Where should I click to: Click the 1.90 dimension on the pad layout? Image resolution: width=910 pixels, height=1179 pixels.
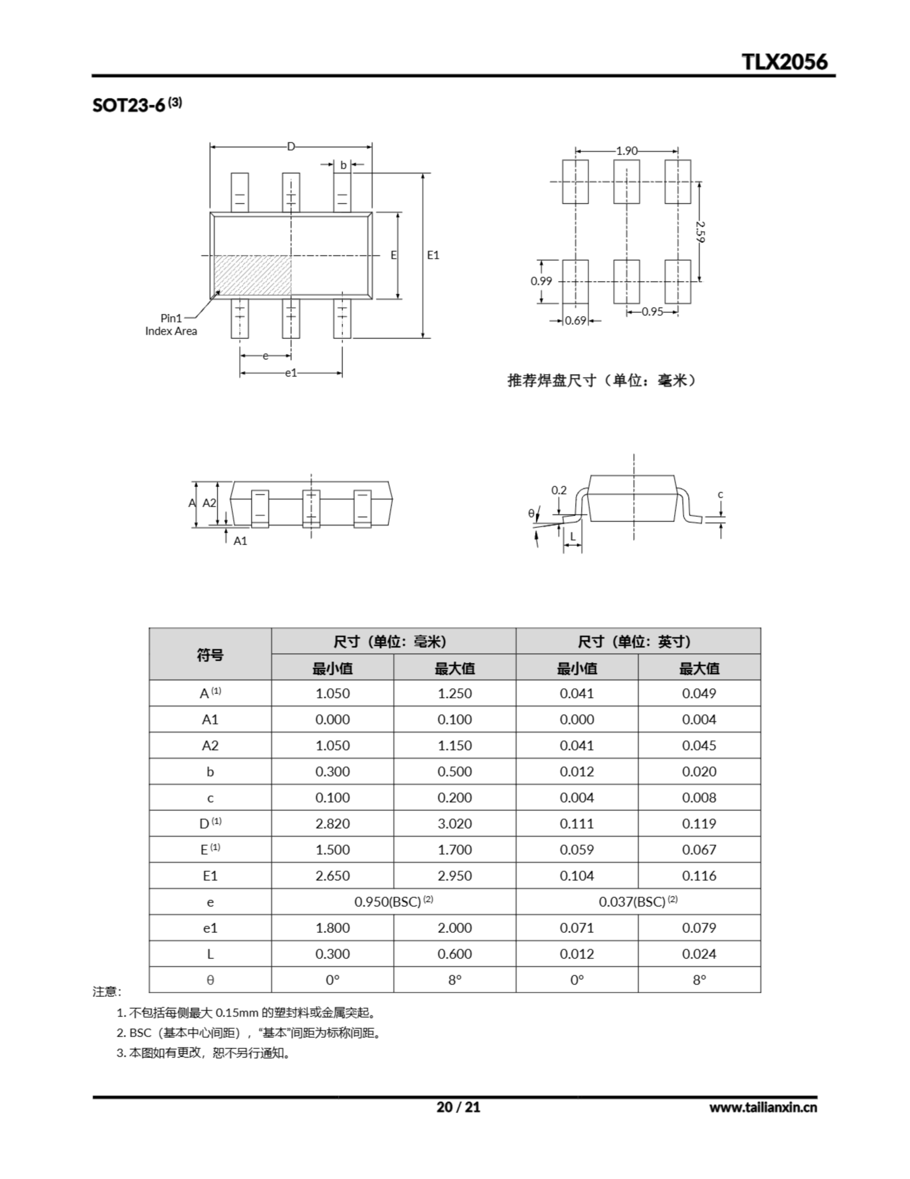pyautogui.click(x=626, y=151)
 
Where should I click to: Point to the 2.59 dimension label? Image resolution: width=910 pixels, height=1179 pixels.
pyautogui.click(x=700, y=231)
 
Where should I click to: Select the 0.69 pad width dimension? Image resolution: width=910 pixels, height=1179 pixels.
pyautogui.click(x=575, y=321)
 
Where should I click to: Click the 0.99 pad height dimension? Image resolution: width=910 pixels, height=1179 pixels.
pyautogui.click(x=541, y=281)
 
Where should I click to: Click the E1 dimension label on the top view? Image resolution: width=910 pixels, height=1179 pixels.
pyautogui.click(x=433, y=255)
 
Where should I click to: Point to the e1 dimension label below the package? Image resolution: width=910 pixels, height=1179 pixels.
pyautogui.click(x=291, y=373)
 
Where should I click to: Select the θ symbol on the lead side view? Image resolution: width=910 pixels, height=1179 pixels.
pyautogui.click(x=531, y=514)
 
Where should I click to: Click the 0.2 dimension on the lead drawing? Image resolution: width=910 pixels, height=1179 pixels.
pyautogui.click(x=559, y=490)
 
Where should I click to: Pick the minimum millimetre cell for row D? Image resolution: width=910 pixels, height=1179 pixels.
pyautogui.click(x=332, y=824)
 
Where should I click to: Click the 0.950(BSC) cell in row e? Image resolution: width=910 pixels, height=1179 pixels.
pyautogui.click(x=393, y=902)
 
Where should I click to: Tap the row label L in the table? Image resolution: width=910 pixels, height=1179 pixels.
pyautogui.click(x=210, y=954)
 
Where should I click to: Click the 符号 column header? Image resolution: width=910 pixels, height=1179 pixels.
pyautogui.click(x=210, y=655)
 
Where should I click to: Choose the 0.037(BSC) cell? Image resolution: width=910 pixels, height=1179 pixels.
pyautogui.click(x=638, y=902)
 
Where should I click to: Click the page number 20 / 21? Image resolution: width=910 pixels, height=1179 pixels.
pyautogui.click(x=458, y=1107)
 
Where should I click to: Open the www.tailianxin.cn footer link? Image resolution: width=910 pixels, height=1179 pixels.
pyautogui.click(x=762, y=1108)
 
